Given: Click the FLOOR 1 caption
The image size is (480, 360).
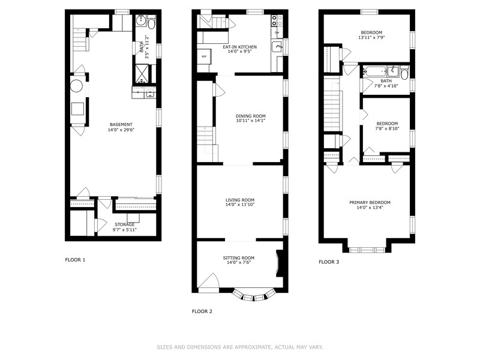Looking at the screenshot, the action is (75, 260).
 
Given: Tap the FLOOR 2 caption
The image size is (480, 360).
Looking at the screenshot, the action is (202, 311).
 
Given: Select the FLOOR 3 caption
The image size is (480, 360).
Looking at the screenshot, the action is (329, 262).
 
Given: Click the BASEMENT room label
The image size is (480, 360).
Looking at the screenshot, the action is (121, 125).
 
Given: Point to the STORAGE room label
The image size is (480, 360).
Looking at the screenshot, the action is (125, 224).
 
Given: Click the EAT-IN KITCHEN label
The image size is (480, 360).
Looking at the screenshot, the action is (239, 47).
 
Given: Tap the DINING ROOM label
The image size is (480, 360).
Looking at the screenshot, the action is (250, 116).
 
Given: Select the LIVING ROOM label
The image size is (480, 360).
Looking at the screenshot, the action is (240, 200).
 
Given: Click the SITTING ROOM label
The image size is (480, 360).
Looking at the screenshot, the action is (239, 258).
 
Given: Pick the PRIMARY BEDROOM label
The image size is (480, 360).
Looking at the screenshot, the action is (370, 202).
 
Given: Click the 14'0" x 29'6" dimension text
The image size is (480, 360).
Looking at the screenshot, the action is (121, 130).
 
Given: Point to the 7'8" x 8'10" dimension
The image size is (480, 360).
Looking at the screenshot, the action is (387, 128).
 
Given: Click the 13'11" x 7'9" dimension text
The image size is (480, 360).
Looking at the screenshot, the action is (371, 37).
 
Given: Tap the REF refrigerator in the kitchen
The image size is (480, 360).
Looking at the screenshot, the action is (204, 56).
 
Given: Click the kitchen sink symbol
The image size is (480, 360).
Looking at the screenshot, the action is (277, 47).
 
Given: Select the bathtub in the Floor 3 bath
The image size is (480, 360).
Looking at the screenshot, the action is (374, 72).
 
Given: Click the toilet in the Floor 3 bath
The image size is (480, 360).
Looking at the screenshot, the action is (404, 73).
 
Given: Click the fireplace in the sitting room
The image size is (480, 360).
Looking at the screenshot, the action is (280, 264).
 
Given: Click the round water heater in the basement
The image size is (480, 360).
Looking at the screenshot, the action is (76, 86).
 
